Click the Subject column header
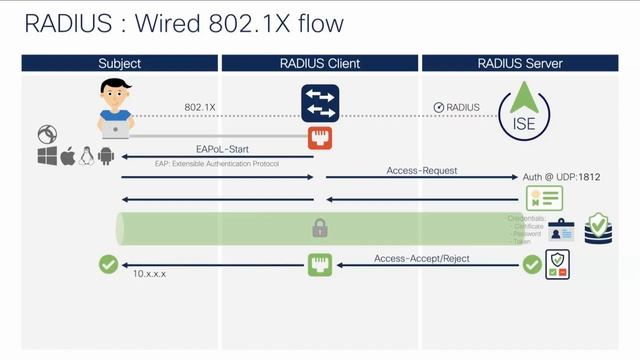point(119,63)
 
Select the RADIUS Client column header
point(319,63)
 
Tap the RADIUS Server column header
point(521,63)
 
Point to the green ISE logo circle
point(522,115)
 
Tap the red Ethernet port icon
point(320,137)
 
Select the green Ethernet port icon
point(319,265)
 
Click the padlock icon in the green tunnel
point(320,229)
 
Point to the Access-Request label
point(422,171)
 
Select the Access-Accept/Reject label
point(421,258)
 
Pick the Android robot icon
point(107,157)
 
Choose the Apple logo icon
point(67,157)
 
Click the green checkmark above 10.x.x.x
point(107,265)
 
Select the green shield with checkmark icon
point(599,228)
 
